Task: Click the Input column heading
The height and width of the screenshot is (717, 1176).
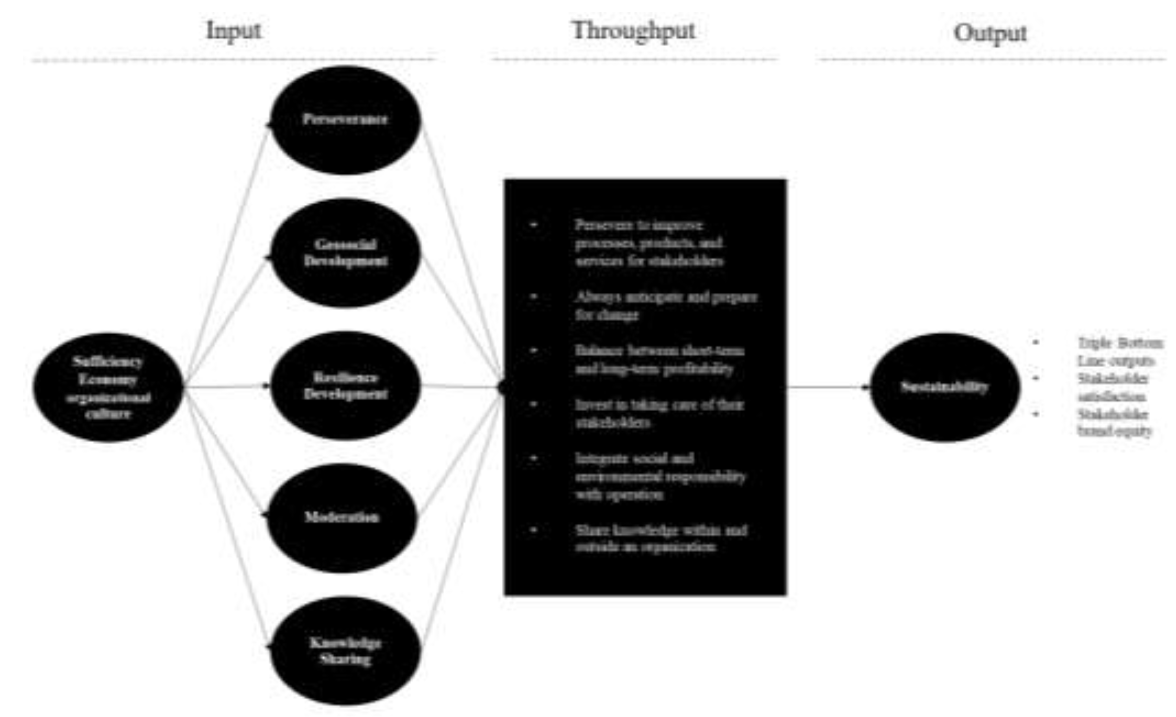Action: click(233, 31)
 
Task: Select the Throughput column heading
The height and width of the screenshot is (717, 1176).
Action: click(633, 31)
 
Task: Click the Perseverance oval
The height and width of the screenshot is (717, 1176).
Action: click(345, 119)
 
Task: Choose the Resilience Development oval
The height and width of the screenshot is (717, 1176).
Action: click(345, 386)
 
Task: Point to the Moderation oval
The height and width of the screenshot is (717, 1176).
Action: click(342, 517)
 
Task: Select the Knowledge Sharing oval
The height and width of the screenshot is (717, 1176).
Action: click(345, 651)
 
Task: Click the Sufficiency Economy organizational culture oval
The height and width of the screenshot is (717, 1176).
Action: click(108, 387)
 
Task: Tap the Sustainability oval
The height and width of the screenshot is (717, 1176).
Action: click(944, 387)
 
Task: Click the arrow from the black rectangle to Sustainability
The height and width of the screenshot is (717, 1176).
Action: click(828, 387)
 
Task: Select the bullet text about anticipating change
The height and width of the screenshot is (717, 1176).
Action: click(666, 306)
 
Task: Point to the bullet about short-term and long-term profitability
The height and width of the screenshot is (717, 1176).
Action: click(659, 359)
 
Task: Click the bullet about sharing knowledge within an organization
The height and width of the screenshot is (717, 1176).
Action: click(661, 538)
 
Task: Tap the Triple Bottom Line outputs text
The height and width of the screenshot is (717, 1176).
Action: click(1119, 351)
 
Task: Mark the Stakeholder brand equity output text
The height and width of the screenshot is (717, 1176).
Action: click(1114, 423)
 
